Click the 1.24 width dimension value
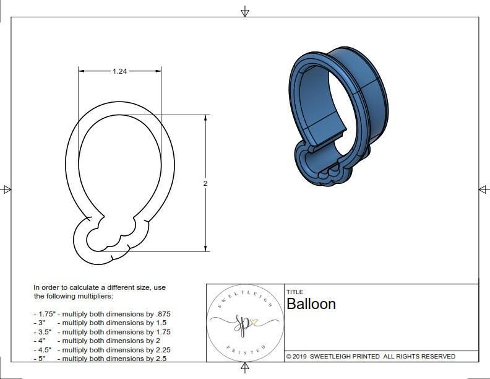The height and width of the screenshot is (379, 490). (x=120, y=71)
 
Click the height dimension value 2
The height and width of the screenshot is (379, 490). (x=205, y=183)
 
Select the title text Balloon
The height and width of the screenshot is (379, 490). (x=311, y=304)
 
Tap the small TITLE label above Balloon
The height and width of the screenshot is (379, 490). (x=294, y=292)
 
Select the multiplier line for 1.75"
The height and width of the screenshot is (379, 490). (x=102, y=314)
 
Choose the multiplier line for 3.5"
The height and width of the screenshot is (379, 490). (x=102, y=332)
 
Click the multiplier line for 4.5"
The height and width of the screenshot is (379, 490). (x=102, y=349)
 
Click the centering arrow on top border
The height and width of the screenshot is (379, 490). (x=245, y=11)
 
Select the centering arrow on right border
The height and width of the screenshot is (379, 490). (x=483, y=189)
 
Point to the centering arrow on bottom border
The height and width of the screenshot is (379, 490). (x=245, y=368)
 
